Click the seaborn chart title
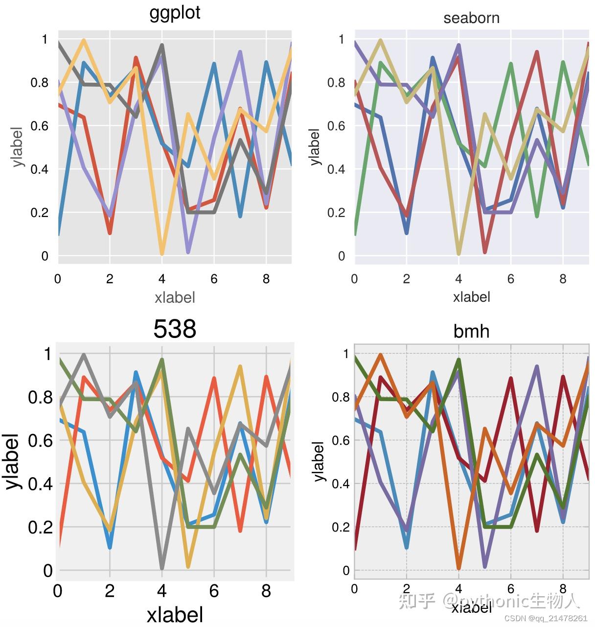click(x=471, y=18)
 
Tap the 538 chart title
click(x=175, y=329)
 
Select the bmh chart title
click(x=471, y=332)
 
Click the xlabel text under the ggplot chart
click(x=175, y=297)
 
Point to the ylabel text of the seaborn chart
click(x=314, y=147)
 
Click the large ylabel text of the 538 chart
click(x=13, y=461)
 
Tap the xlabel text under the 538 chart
click(x=175, y=615)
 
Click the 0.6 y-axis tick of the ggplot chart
click(x=40, y=126)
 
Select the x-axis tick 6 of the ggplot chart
click(x=214, y=279)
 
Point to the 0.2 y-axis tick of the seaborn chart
click(x=336, y=213)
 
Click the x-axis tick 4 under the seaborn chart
click(x=458, y=279)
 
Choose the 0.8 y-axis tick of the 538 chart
click(x=40, y=397)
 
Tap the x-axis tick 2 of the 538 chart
click(x=110, y=591)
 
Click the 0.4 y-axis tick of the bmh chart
click(x=341, y=484)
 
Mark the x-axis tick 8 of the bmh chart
click(x=563, y=588)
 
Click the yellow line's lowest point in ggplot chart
click(x=162, y=253)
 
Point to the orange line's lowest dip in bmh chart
click(x=458, y=568)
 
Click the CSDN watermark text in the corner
click(x=545, y=618)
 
